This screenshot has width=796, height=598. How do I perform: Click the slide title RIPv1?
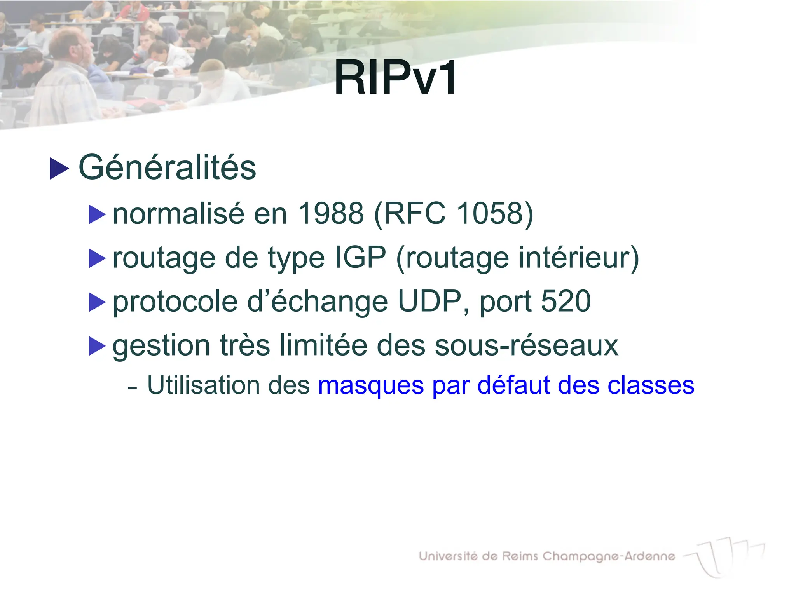pos(396,78)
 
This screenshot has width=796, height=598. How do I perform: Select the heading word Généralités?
pos(167,167)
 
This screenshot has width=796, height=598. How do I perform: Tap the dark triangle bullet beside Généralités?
pos(59,169)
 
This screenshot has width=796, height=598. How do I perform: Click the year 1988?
pos(330,213)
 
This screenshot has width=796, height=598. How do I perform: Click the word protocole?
pos(175,302)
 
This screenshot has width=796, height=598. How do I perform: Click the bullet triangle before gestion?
pos(97,346)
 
